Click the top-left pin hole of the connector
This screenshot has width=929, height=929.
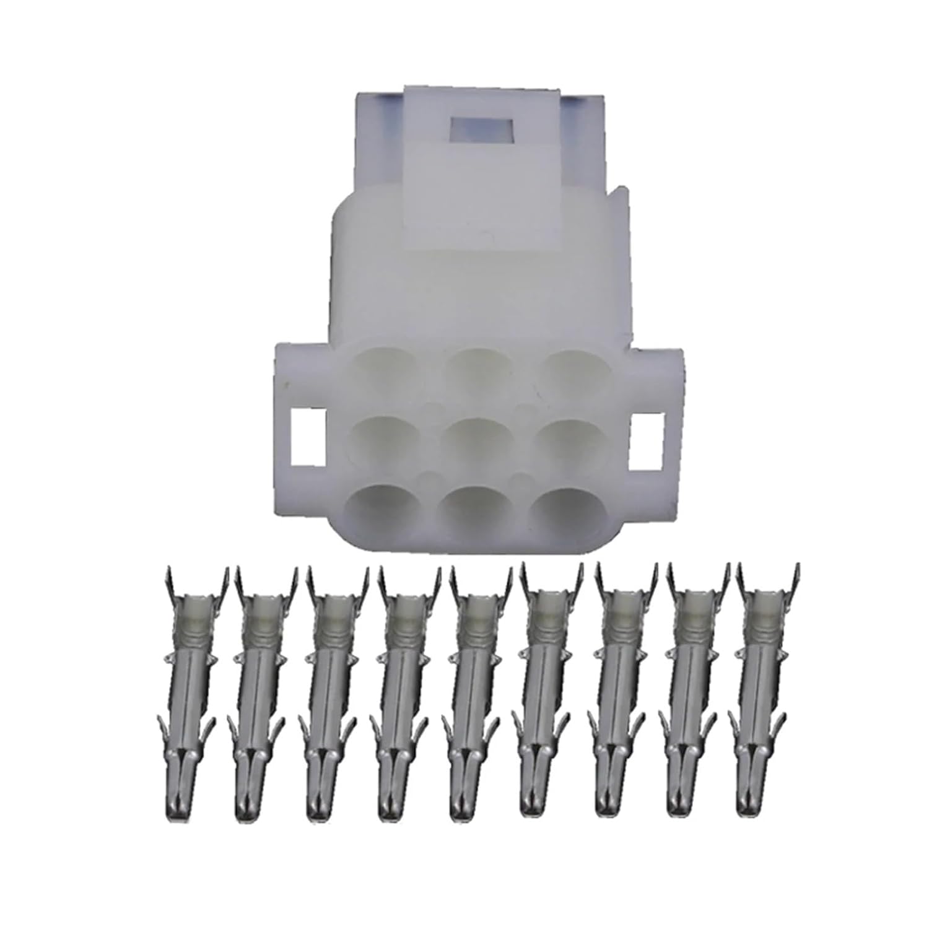pyautogui.click(x=380, y=367)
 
